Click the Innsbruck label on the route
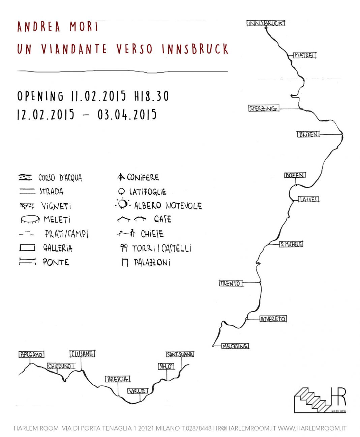click(x=266, y=23)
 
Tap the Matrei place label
click(x=304, y=55)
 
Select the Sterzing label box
click(x=264, y=109)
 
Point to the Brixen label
click(x=308, y=134)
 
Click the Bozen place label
click(x=295, y=175)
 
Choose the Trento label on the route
click(x=231, y=283)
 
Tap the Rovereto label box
click(x=273, y=319)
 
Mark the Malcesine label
click(x=235, y=346)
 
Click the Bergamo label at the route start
click(x=31, y=355)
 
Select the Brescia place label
click(x=118, y=379)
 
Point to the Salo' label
click(x=166, y=366)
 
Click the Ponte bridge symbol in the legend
click(x=27, y=262)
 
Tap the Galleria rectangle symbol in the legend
click(x=27, y=248)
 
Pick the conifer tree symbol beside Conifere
click(x=121, y=177)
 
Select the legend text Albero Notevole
click(x=168, y=205)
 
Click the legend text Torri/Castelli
click(x=161, y=249)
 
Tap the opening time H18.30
click(x=151, y=96)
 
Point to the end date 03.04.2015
click(x=127, y=115)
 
